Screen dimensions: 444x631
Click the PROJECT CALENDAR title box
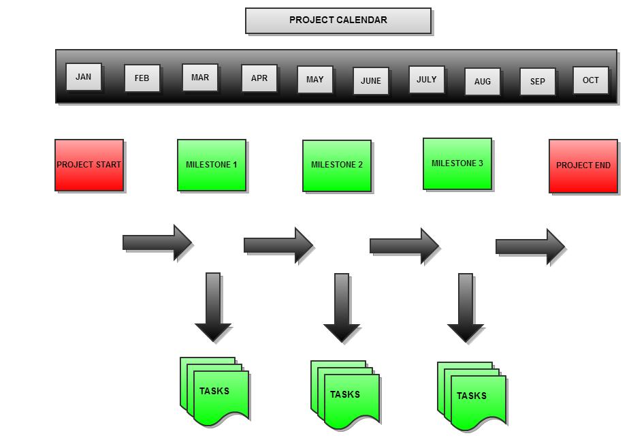click(338, 20)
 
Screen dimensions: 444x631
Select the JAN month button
click(83, 77)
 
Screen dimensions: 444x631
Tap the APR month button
click(259, 78)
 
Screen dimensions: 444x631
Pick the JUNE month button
click(370, 80)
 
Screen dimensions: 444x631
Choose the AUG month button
click(482, 82)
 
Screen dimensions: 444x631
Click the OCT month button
click(590, 80)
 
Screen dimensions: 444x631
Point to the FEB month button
click(142, 78)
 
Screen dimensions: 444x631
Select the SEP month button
click(537, 82)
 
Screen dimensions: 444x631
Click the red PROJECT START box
click(89, 165)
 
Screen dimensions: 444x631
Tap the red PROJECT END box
click(583, 165)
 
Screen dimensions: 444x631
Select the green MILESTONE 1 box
click(212, 165)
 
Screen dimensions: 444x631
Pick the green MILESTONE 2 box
click(337, 165)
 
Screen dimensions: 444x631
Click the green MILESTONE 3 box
click(457, 163)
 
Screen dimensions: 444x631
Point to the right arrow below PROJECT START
click(157, 242)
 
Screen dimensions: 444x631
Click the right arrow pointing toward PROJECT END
click(530, 247)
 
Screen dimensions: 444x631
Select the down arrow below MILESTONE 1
click(213, 306)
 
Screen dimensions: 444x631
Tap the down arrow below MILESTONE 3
click(466, 307)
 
